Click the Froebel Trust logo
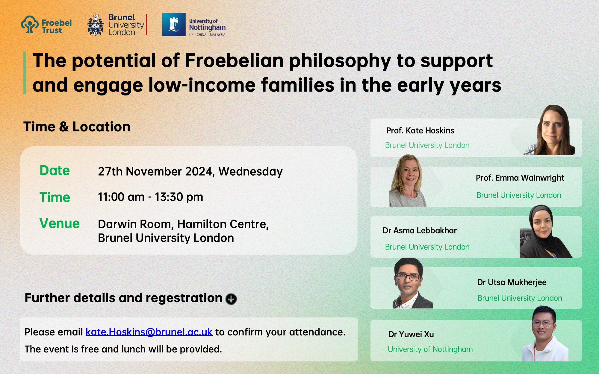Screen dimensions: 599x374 (x=46, y=25)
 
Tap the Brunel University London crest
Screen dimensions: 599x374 (x=95, y=25)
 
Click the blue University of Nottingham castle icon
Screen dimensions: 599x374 (x=174, y=25)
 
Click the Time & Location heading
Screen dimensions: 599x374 (x=77, y=127)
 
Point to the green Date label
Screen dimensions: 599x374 (x=55, y=171)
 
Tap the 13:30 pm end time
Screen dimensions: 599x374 (x=179, y=197)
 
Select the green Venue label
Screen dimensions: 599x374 (x=60, y=223)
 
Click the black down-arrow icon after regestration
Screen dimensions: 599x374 (x=231, y=299)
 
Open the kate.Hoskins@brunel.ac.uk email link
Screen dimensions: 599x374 (x=149, y=332)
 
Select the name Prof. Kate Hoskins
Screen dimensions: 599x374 (x=420, y=130)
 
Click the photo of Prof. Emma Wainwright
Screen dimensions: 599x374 (x=408, y=180)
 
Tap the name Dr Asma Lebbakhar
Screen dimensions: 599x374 (x=420, y=230)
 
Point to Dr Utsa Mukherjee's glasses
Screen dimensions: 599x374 (x=408, y=277)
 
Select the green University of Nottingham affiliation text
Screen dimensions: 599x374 (x=430, y=349)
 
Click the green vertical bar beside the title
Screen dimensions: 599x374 (x=25, y=73)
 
